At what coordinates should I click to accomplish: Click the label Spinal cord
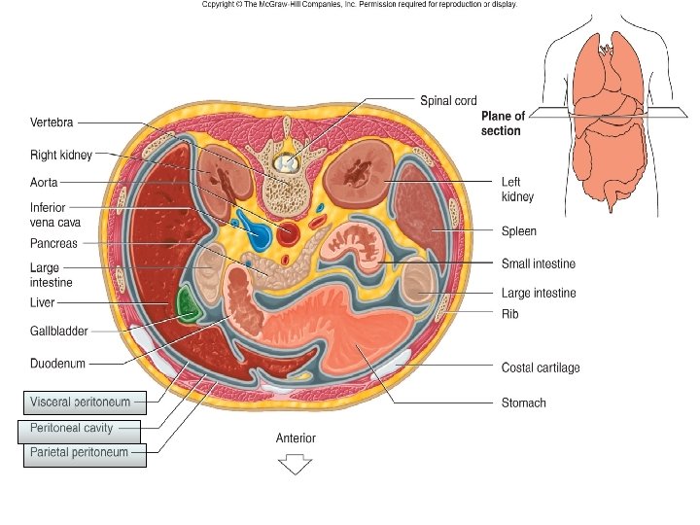coord(448,101)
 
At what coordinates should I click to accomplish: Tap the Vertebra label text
coord(52,123)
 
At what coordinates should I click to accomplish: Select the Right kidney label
coord(62,155)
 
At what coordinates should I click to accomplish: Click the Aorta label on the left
coord(46,182)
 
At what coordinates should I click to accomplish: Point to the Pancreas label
coord(53,243)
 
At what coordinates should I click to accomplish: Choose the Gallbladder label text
coord(59,332)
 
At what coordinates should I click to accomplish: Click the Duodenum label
coord(57,364)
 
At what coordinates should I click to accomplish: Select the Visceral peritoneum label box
coord(85,401)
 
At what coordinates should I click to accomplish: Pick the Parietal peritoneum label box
coord(84,453)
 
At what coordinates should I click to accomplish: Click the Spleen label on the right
coord(518,231)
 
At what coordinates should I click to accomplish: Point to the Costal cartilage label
coord(541,367)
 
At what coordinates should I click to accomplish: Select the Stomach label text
coord(523,402)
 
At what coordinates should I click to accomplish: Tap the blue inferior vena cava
coord(258,234)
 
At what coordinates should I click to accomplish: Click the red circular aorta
coord(288,232)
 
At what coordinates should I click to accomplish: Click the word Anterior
coord(296,438)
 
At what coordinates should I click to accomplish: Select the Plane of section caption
coord(503,123)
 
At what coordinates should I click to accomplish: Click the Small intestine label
coord(539,263)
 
